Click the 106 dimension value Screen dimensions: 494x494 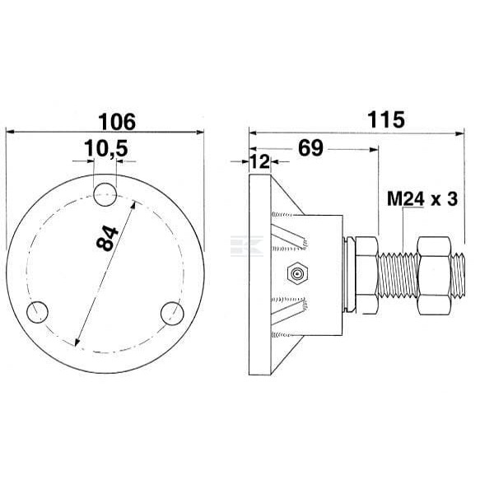[x=117, y=122]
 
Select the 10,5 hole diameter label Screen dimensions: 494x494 [x=106, y=148]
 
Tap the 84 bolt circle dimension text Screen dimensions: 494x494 [x=107, y=238]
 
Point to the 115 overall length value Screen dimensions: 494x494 [x=386, y=119]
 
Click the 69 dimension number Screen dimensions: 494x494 [x=310, y=148]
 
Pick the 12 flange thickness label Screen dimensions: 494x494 [x=260, y=161]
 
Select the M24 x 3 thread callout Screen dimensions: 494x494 [x=422, y=199]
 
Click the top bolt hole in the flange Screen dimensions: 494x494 [x=105, y=194]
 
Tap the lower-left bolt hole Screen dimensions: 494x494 [x=37, y=312]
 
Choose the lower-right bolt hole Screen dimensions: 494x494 [x=172, y=314]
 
